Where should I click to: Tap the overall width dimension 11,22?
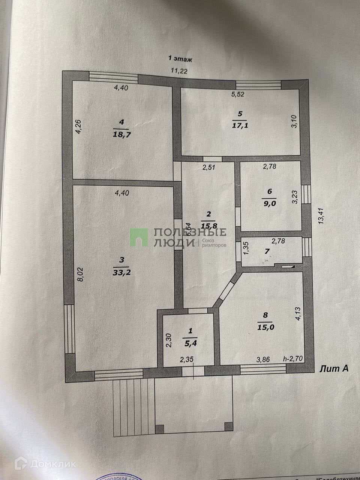point(179,71)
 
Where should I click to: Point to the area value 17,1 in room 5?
point(240,125)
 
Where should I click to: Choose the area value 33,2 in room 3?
point(121,273)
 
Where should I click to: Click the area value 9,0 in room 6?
point(269,204)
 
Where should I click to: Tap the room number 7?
point(267,251)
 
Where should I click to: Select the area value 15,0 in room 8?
point(266,327)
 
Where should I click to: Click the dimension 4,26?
point(78,126)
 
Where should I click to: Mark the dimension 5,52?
point(237,94)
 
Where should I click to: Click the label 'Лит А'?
point(334,369)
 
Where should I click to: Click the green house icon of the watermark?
point(139,238)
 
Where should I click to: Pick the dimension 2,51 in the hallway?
point(210,167)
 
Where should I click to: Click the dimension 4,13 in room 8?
point(298,314)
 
